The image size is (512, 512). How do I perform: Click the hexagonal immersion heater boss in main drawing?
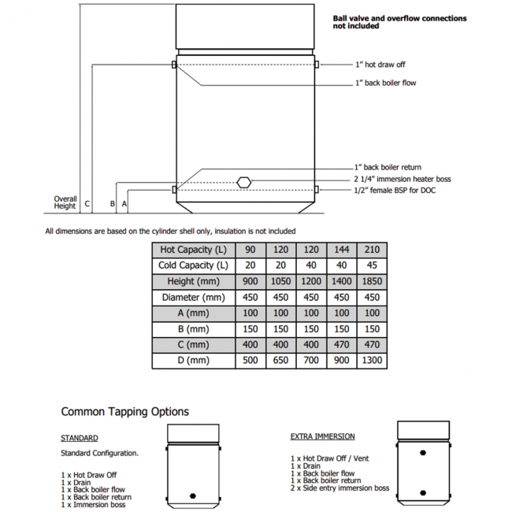point(244,182)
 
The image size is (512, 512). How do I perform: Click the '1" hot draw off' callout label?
point(380,65)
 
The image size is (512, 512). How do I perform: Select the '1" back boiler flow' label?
point(386,83)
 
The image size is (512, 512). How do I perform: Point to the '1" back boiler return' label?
point(388,167)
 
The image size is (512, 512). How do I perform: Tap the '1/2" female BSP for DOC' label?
point(395,190)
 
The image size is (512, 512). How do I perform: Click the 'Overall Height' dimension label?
point(65,202)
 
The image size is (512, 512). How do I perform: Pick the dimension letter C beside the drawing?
point(87,204)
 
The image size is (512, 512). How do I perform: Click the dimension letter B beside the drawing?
point(113,204)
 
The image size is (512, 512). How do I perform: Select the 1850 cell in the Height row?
point(372,281)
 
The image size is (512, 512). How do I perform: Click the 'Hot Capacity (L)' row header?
point(193,250)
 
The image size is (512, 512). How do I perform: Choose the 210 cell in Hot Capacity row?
point(372,250)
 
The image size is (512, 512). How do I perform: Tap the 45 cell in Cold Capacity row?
point(372,265)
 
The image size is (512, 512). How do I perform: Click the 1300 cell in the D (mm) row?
point(372,361)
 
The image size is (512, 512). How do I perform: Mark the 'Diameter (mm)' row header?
point(193,298)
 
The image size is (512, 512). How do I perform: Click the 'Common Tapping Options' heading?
point(125,412)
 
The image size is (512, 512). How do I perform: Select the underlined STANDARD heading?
point(80,438)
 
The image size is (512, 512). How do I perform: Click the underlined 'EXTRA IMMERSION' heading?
point(323,436)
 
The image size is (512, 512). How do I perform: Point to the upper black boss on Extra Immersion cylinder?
point(423,453)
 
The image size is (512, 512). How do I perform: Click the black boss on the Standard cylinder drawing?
point(193,496)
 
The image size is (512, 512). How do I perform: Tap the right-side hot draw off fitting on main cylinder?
point(317,65)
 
